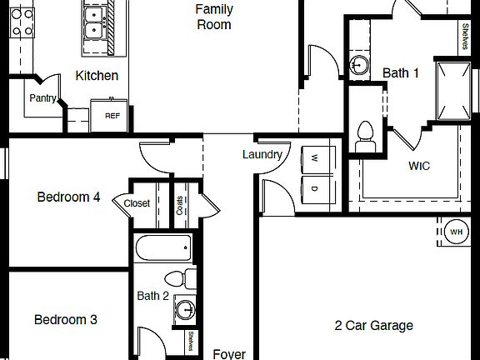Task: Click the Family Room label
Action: (213, 17)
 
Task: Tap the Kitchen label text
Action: (97, 76)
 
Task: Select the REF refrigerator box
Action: (112, 115)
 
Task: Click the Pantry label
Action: (42, 98)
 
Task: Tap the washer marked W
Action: (314, 158)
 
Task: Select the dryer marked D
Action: (314, 188)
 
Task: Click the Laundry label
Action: (262, 154)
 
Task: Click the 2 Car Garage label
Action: (373, 326)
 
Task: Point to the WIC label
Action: (419, 166)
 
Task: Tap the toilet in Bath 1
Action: (365, 137)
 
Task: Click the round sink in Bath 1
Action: (359, 65)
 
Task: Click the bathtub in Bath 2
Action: (163, 247)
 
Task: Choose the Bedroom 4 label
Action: (69, 197)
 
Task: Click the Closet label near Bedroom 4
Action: (137, 203)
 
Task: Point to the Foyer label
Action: (229, 354)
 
